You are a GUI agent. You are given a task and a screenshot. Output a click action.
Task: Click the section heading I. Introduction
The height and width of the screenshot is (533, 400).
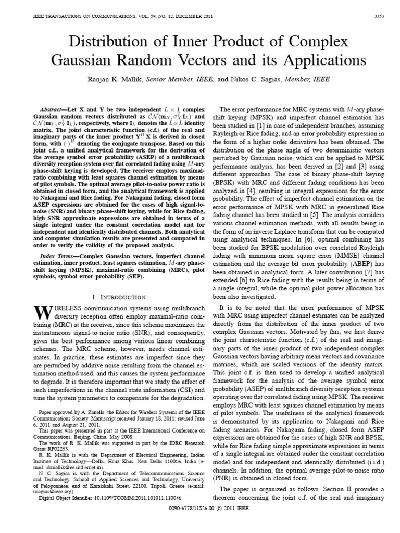[x=118, y=297]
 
